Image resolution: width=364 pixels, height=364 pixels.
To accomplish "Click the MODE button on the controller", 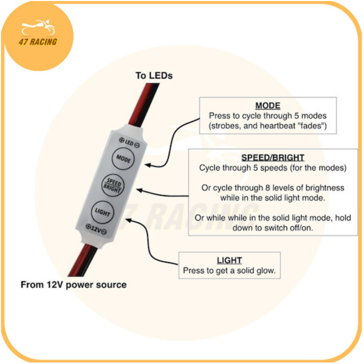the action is pos(123,159).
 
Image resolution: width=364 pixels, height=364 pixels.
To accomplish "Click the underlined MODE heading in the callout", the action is pos(268,106).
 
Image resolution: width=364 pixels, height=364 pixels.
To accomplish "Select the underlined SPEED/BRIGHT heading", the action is pos(273,158).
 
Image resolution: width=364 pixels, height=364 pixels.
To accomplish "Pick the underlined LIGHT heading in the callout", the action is pos(229,260).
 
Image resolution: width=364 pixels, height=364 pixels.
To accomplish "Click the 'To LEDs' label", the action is pos(154,75).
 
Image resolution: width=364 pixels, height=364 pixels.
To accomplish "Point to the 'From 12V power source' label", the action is pos(74,285).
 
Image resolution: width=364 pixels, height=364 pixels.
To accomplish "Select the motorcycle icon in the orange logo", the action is pos(38,28).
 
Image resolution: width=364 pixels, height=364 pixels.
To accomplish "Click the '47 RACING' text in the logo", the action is pos(38,42).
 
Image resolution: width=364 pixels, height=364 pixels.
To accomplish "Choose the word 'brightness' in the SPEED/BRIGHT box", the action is pos(322,188).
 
